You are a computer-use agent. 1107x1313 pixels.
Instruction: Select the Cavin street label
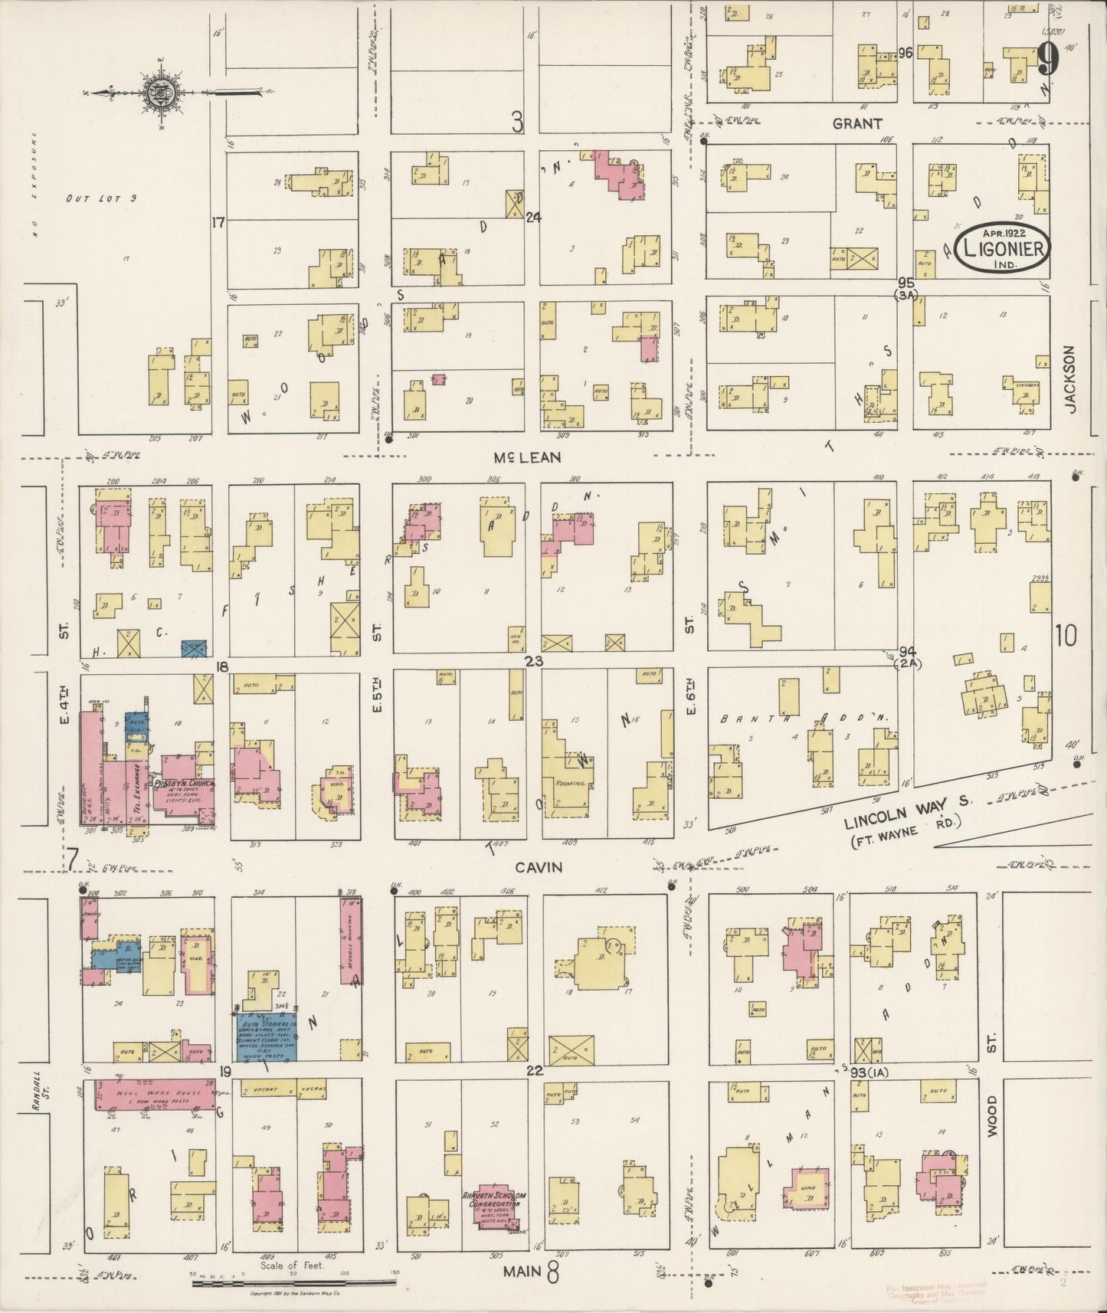click(x=539, y=867)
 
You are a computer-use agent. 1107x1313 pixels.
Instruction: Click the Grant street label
click(x=857, y=123)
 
